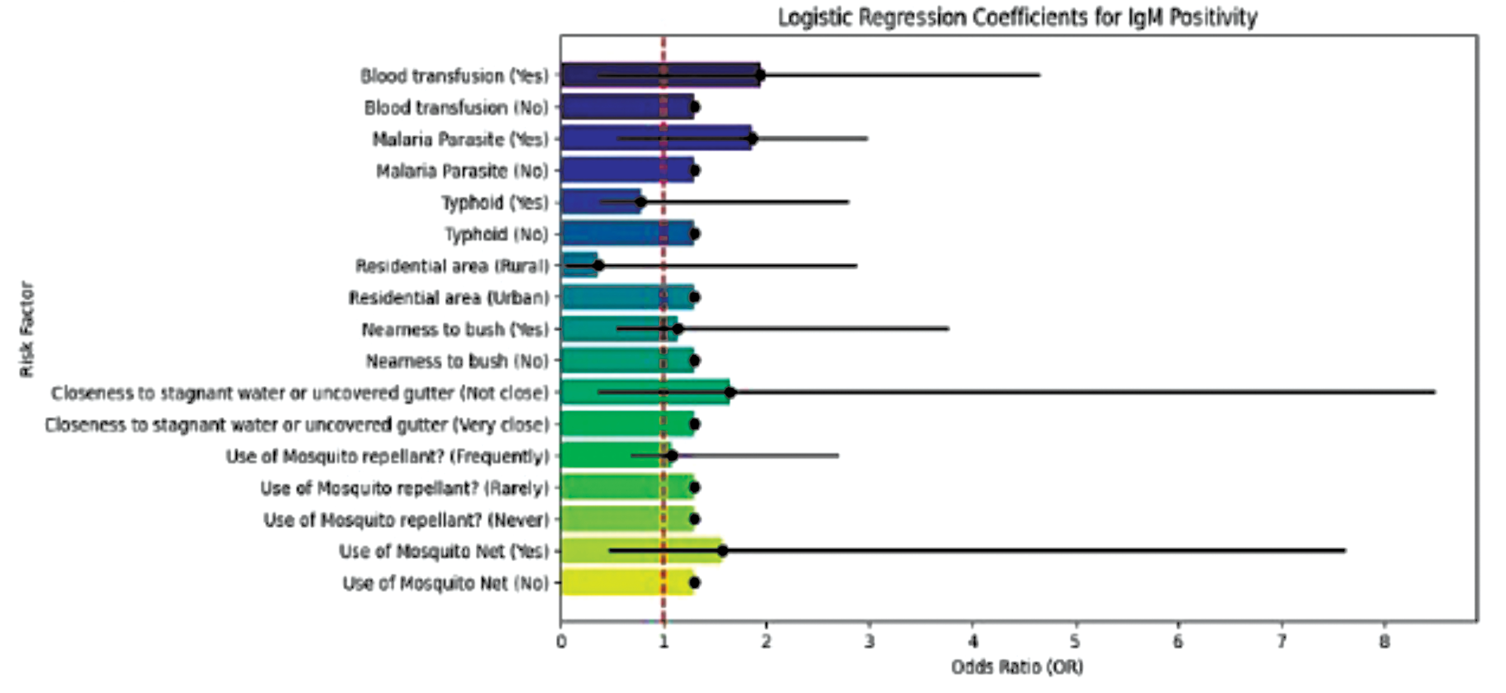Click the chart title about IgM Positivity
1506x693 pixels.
coord(1017,17)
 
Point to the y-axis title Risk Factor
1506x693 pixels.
coord(27,329)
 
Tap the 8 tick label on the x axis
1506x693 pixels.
coord(1384,642)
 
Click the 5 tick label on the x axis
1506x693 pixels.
coord(1075,642)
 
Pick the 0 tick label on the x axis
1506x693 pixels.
coord(561,642)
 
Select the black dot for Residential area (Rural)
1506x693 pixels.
coord(598,266)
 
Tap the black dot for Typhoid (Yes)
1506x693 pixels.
coord(641,202)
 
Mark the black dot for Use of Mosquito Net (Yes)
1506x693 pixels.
coord(723,550)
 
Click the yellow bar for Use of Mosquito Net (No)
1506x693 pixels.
coord(626,582)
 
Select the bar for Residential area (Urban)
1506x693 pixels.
coord(626,297)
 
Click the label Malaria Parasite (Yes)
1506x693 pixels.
coord(461,139)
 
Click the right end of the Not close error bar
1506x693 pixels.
coord(1434,392)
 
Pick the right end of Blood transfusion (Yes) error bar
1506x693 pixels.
coord(1039,75)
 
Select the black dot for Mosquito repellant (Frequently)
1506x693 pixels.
coord(672,456)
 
